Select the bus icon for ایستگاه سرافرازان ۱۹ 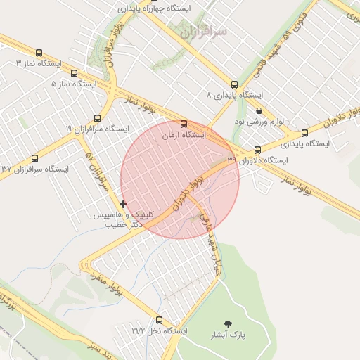coord(97,118)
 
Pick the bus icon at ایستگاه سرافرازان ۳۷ coord(34,159)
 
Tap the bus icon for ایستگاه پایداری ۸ coord(234,84)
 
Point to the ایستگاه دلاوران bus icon coord(258,150)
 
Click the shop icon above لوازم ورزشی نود coord(259,111)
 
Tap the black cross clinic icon coord(124,205)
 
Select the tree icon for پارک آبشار coord(227,324)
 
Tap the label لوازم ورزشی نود coord(259,122)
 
